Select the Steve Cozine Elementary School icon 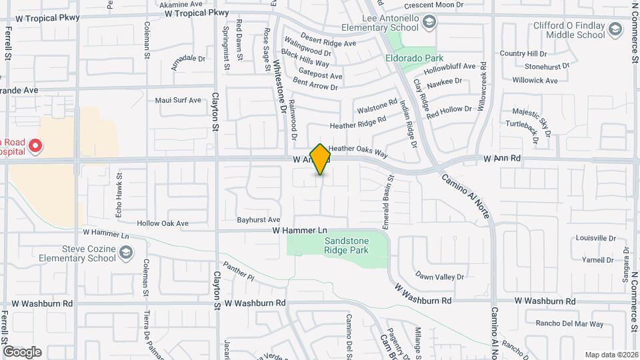tap(126, 252)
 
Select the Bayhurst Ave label tap(258, 219)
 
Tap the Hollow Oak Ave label tap(163, 223)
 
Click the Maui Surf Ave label tap(178, 101)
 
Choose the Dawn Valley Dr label tap(439, 275)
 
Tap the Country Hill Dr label tap(523, 53)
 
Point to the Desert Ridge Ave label tap(328, 43)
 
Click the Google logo tap(22, 351)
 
